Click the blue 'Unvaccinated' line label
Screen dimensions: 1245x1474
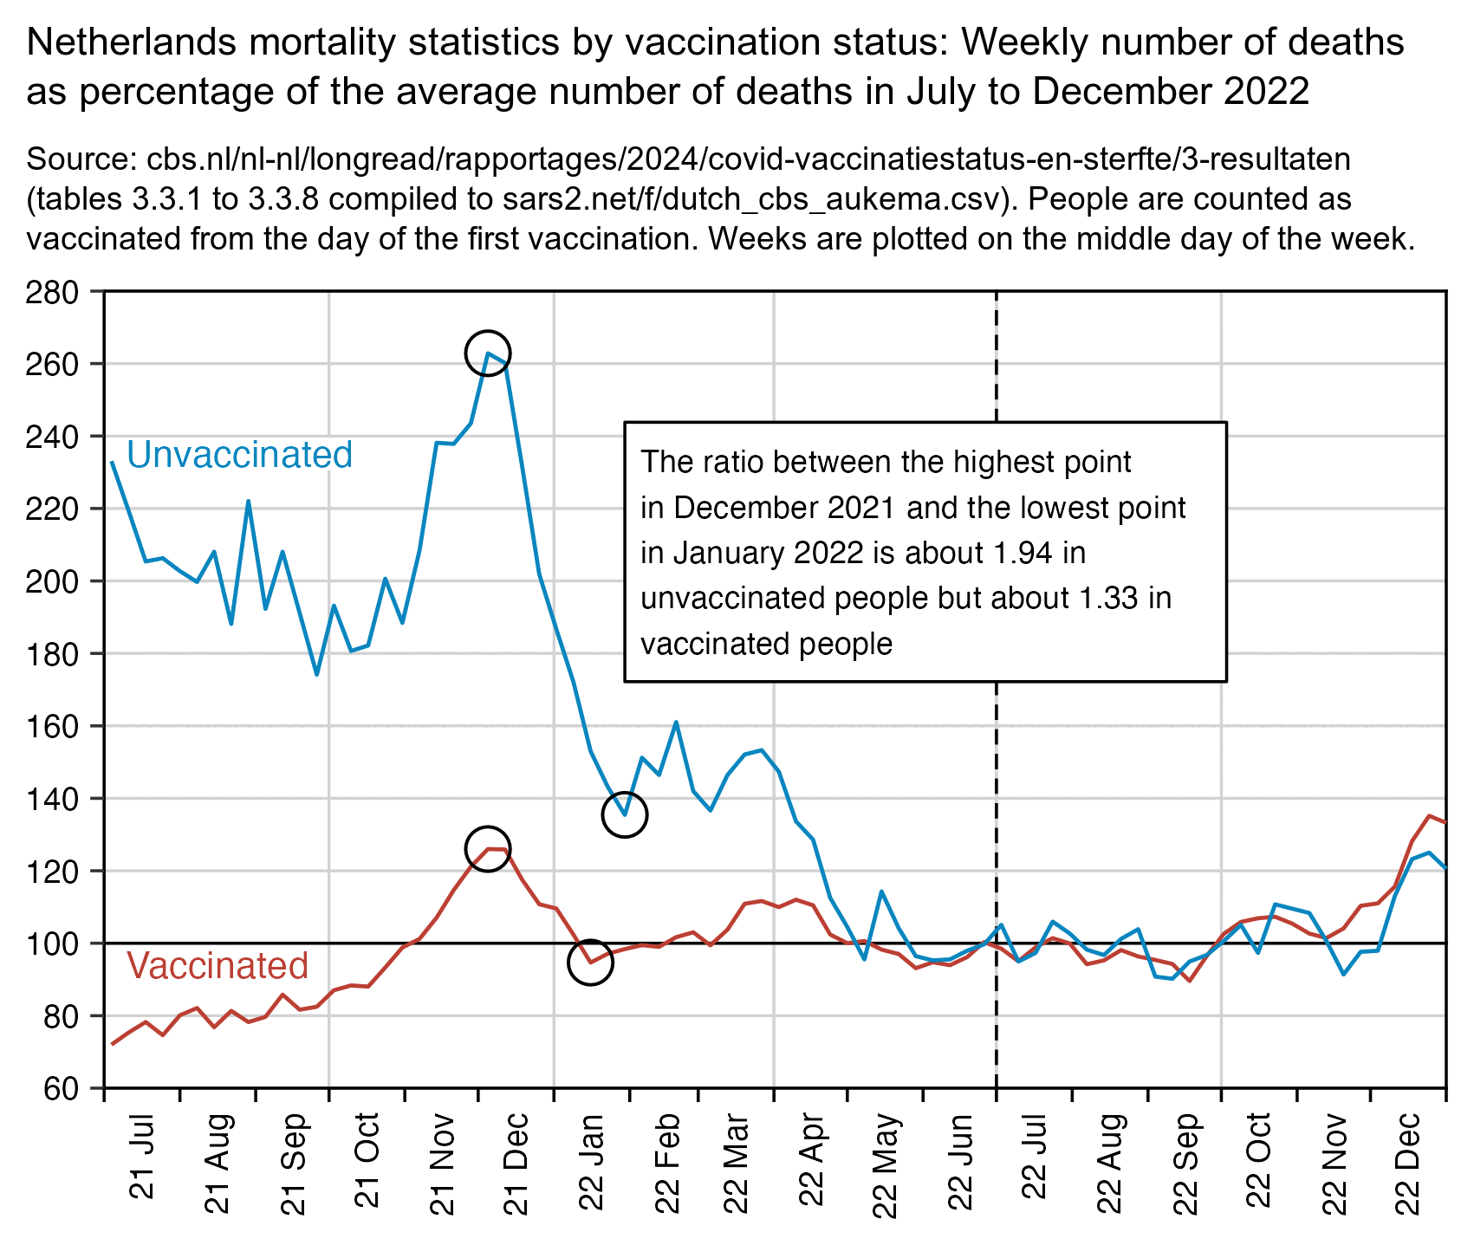point(240,455)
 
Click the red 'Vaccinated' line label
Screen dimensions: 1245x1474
point(218,966)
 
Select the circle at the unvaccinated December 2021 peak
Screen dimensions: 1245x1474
point(488,353)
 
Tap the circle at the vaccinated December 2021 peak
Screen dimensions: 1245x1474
point(488,849)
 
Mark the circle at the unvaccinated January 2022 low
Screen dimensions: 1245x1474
point(625,814)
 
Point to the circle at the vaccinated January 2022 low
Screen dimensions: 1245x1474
point(590,962)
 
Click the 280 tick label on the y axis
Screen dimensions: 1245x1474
point(56,292)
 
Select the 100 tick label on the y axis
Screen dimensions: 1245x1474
point(56,943)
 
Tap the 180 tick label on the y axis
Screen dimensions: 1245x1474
point(56,653)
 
